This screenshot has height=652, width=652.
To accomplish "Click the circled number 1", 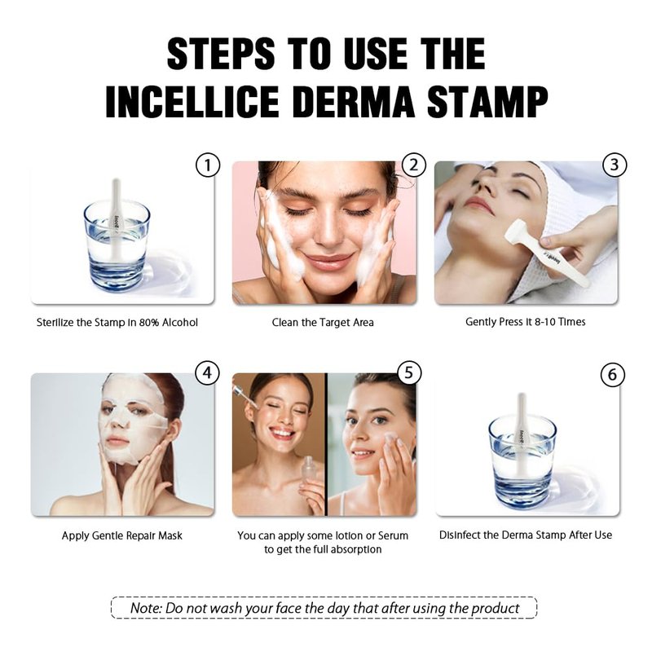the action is tap(208, 165).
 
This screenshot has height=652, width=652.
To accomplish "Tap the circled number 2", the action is tap(414, 165).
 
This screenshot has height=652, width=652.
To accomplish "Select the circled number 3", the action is tap(615, 165).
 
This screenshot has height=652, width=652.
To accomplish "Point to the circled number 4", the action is tap(207, 373).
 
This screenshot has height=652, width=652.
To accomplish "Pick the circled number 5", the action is tap(409, 372).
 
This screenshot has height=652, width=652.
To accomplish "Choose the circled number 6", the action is tap(613, 375).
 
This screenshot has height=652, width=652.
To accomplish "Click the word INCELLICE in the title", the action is tap(192, 102).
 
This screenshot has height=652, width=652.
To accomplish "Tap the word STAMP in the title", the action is tap(487, 102).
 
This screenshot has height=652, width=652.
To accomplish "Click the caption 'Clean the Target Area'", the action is tap(323, 323).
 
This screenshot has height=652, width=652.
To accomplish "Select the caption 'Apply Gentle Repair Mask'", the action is tap(121, 535).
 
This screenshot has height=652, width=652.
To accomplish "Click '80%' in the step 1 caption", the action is tap(149, 323).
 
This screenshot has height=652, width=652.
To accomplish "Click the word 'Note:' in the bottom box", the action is tap(146, 608).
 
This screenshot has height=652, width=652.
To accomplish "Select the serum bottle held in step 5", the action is tap(308, 474).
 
